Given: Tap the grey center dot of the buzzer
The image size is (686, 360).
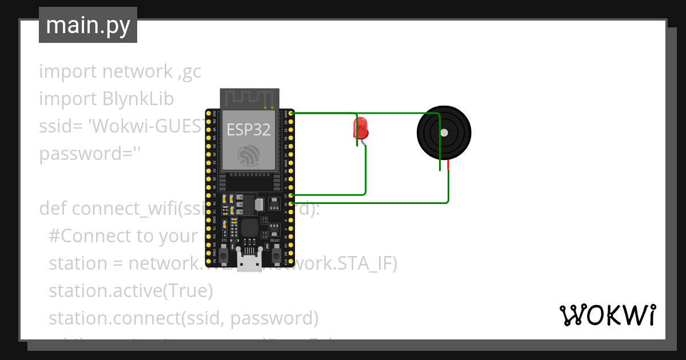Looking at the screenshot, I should [444, 133].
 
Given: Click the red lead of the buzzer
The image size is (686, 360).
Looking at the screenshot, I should [448, 165].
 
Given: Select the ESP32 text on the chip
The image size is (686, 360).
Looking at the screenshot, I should [249, 130].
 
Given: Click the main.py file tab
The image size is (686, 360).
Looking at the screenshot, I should [88, 25].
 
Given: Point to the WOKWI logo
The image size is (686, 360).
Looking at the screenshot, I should [607, 315].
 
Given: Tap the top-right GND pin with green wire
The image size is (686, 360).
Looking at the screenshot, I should [292, 114].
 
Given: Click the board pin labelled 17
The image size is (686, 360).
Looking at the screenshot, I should [292, 195].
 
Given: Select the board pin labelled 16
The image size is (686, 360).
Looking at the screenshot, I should [292, 203].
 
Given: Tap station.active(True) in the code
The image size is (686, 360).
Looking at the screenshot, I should [131, 291].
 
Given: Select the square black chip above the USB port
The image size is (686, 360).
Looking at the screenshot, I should [249, 228].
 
